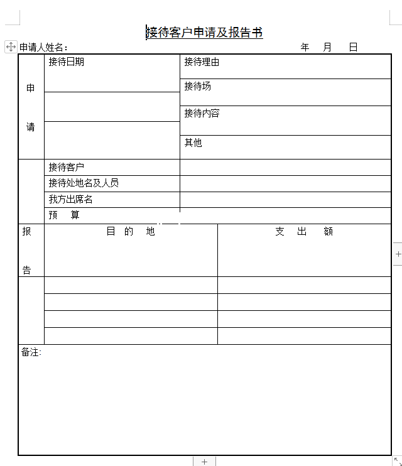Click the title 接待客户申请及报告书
(x=204, y=33)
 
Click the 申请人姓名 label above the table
(x=43, y=47)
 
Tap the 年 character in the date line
(x=305, y=47)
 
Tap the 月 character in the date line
(x=327, y=47)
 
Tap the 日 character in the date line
(x=353, y=47)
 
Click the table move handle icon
(x=11, y=46)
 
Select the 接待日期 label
(x=66, y=62)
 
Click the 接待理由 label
(x=202, y=62)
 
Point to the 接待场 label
(x=197, y=86)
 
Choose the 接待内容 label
(x=202, y=114)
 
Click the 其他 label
(x=193, y=143)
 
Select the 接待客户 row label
(x=66, y=167)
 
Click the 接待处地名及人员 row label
(x=84, y=183)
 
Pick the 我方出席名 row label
(x=70, y=200)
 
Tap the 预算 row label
(x=65, y=215)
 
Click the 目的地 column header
(x=131, y=231)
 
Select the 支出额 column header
(x=304, y=231)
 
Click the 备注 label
(x=31, y=352)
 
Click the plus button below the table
(x=204, y=462)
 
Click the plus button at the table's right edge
(x=398, y=254)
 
